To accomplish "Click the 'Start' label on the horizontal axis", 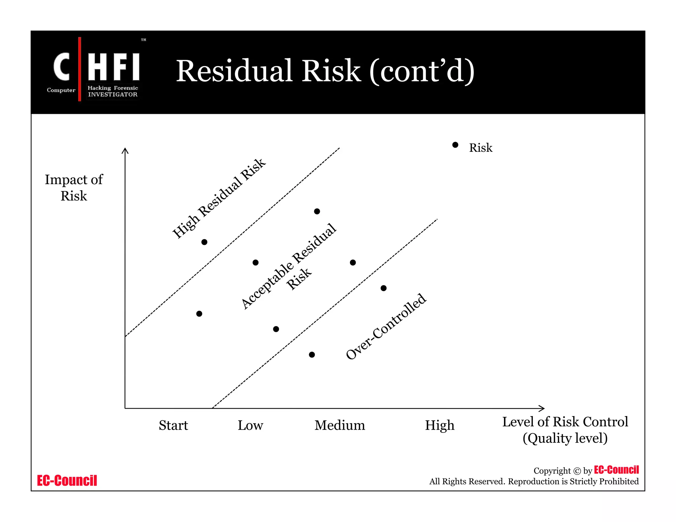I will point(173,425).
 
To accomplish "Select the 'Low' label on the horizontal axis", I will point(250,425).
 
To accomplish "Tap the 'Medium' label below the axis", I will point(340,425).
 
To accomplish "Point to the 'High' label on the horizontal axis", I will point(439,425).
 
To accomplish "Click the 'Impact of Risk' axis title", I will point(74,187).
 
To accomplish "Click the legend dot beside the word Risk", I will point(455,145).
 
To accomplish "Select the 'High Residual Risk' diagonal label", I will point(219,198).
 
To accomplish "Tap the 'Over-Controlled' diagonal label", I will point(386,326).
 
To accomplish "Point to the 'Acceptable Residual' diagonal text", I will point(288,266).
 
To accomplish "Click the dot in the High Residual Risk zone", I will point(204,242).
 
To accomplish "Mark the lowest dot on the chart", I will point(312,355).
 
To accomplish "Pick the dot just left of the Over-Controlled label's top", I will point(384,288).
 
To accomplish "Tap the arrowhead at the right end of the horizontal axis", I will point(542,408).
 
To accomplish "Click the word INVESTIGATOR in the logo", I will point(113,94).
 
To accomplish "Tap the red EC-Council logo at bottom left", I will point(67,480).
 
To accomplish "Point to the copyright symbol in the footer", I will point(577,471).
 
